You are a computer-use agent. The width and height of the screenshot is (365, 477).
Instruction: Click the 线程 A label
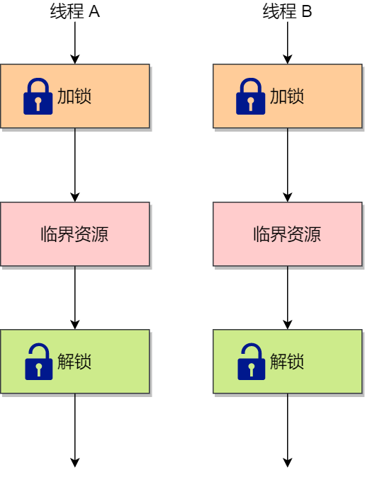point(74,11)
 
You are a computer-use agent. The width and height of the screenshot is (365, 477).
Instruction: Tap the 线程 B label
point(287,11)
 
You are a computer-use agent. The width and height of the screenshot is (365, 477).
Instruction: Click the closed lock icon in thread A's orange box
point(38,96)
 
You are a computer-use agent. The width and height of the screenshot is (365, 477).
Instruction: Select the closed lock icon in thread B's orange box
point(251,96)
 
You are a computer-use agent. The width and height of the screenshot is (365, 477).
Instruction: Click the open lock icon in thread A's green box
point(38,362)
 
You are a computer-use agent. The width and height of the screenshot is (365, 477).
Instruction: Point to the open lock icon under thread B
point(251,362)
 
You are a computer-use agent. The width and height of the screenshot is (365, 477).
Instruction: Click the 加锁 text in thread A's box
point(74,96)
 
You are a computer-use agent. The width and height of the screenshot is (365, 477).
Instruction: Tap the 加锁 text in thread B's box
point(287,96)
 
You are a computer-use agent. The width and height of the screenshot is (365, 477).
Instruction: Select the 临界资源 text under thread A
point(74,234)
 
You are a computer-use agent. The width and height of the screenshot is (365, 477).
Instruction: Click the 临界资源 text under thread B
point(287,234)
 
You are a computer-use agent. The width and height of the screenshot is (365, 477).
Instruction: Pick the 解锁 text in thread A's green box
point(74,362)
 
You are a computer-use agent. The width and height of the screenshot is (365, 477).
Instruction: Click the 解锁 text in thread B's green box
point(287,362)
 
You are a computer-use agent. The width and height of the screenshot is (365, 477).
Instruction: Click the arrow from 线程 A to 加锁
point(75,42)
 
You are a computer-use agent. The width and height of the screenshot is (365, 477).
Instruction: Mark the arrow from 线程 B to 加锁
point(288,42)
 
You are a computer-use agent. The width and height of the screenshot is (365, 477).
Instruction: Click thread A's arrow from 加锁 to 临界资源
point(75,165)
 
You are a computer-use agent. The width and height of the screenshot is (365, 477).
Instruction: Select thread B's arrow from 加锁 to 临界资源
point(288,165)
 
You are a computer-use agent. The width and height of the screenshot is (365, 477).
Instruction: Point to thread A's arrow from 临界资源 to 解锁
point(75,297)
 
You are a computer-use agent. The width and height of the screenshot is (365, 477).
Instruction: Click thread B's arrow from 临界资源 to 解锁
point(288,297)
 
